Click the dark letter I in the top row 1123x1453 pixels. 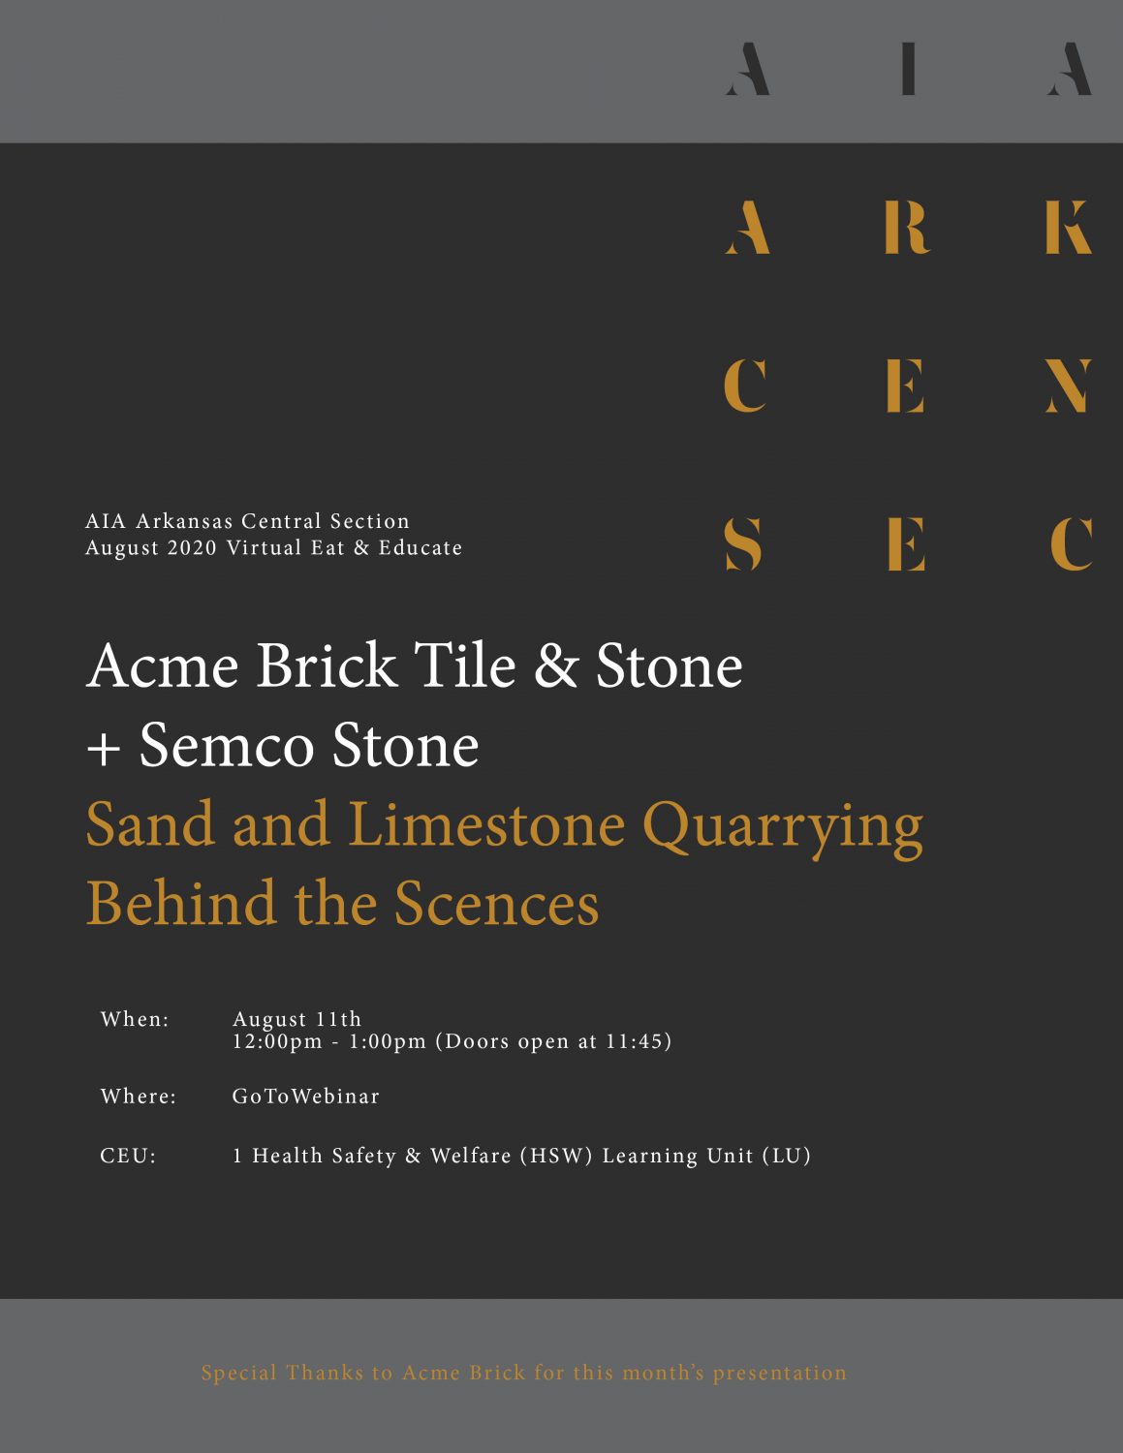click(908, 69)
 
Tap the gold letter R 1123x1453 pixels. click(908, 228)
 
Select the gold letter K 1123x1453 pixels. click(1069, 228)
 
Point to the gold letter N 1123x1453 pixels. click(1069, 386)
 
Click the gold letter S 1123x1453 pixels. click(744, 544)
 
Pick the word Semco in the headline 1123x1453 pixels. click(226, 745)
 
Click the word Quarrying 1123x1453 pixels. click(783, 829)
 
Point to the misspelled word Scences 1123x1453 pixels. click(496, 904)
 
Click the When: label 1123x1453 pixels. click(135, 1020)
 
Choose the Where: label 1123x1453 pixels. click(139, 1097)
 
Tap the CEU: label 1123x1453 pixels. click(128, 1157)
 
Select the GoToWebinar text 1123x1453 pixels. click(305, 1097)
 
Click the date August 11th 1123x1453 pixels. click(296, 1020)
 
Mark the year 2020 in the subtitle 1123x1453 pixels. click(193, 547)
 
